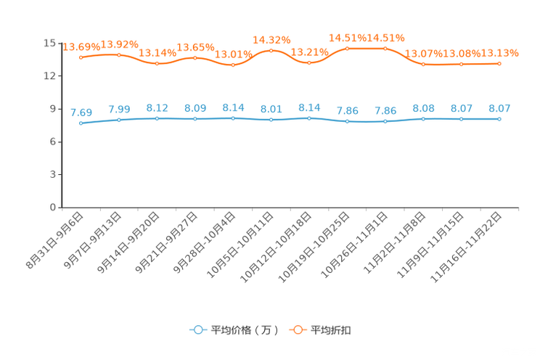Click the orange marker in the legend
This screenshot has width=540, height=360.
click(x=298, y=330)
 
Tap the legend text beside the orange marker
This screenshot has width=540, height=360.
click(x=332, y=330)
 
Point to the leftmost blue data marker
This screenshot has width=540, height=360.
click(x=81, y=123)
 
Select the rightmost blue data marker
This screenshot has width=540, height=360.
click(x=499, y=118)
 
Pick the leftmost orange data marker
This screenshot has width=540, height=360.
click(x=81, y=57)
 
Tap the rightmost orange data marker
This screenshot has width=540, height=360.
click(x=499, y=64)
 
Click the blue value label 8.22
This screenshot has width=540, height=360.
click(x=157, y=108)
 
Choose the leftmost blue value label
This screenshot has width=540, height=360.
click(x=81, y=112)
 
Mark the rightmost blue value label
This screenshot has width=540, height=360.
click(x=499, y=109)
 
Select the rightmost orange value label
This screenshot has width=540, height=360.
click(x=499, y=53)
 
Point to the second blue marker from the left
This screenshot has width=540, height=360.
click(x=119, y=119)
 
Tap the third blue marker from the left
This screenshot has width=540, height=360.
click(x=157, y=118)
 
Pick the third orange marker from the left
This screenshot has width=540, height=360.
click(x=157, y=63)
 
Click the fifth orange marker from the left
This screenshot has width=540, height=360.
click(x=233, y=65)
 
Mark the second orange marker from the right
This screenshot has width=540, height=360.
click(x=461, y=64)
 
